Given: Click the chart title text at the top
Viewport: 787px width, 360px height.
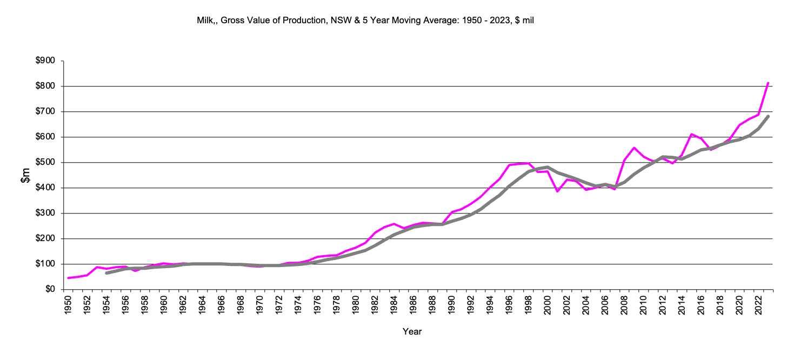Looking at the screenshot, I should (x=365, y=21).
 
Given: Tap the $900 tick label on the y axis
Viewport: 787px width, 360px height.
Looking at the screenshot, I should (x=45, y=61).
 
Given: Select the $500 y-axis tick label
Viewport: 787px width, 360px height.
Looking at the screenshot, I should (x=45, y=163).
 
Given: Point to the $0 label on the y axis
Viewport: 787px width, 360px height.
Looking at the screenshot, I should (x=50, y=290).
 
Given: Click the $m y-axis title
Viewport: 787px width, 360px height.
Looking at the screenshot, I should (x=25, y=175).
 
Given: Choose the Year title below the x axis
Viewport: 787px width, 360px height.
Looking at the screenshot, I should (x=412, y=331).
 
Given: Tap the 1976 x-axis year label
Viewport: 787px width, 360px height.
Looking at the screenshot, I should (x=318, y=306).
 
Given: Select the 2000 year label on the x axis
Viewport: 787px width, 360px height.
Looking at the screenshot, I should (x=548, y=306).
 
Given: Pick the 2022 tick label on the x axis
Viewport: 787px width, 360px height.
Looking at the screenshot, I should (x=758, y=306).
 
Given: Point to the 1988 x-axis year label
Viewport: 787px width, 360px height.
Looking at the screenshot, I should (x=432, y=306).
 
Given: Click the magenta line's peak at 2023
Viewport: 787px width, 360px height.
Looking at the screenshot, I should (x=768, y=83).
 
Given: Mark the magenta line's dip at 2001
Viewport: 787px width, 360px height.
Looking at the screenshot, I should (x=557, y=191).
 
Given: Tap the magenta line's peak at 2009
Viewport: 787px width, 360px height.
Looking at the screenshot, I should (x=634, y=148).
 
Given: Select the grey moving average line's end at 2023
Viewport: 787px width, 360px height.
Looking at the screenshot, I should (x=768, y=116).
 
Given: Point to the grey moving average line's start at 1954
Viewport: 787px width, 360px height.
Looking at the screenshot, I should (x=106, y=273).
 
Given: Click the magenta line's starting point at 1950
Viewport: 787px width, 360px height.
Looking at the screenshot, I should (x=69, y=278).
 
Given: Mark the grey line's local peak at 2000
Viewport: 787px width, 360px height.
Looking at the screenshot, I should (x=548, y=167).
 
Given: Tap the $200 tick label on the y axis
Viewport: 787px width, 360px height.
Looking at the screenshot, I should (x=45, y=239).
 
